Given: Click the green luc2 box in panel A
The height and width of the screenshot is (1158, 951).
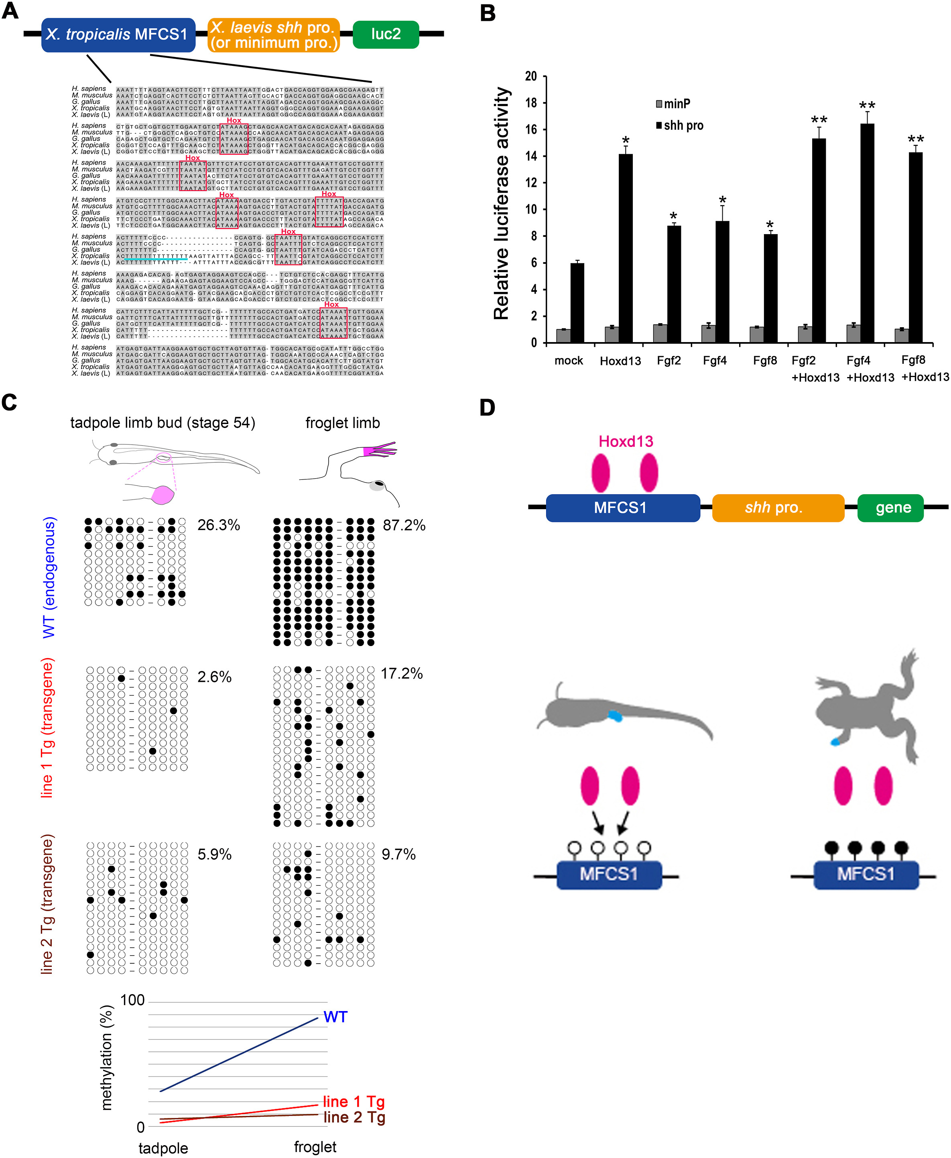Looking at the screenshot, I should [386, 34].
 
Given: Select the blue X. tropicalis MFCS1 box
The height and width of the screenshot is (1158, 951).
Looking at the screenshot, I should [118, 35].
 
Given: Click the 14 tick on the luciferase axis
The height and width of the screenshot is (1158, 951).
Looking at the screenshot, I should [531, 156].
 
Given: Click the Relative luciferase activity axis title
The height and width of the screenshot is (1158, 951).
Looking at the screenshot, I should [501, 203].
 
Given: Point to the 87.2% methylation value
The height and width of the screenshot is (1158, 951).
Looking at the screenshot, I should [404, 525].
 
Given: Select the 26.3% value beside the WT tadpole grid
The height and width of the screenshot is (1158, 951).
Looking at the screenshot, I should [219, 525].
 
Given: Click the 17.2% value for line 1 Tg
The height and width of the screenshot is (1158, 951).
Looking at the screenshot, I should [402, 673].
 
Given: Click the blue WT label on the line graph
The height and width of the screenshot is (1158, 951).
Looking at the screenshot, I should [335, 1017].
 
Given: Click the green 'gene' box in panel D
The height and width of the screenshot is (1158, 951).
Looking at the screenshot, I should [893, 508].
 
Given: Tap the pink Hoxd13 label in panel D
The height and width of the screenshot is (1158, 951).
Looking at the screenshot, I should [626, 441].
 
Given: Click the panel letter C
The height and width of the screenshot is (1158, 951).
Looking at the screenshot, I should [9, 402].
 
